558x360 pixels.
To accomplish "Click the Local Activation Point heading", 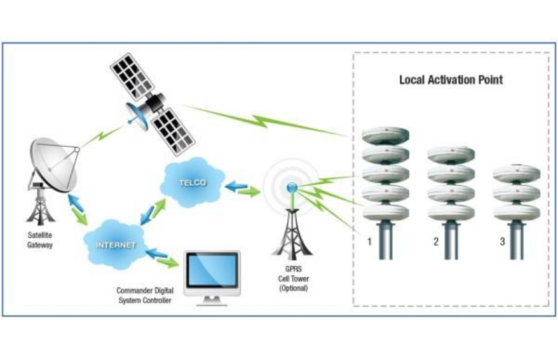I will click(x=451, y=80).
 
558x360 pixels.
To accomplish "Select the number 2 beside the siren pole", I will click(x=435, y=242).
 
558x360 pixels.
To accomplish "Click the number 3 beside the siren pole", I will click(x=502, y=242).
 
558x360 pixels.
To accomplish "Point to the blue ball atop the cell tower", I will click(x=292, y=187).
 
